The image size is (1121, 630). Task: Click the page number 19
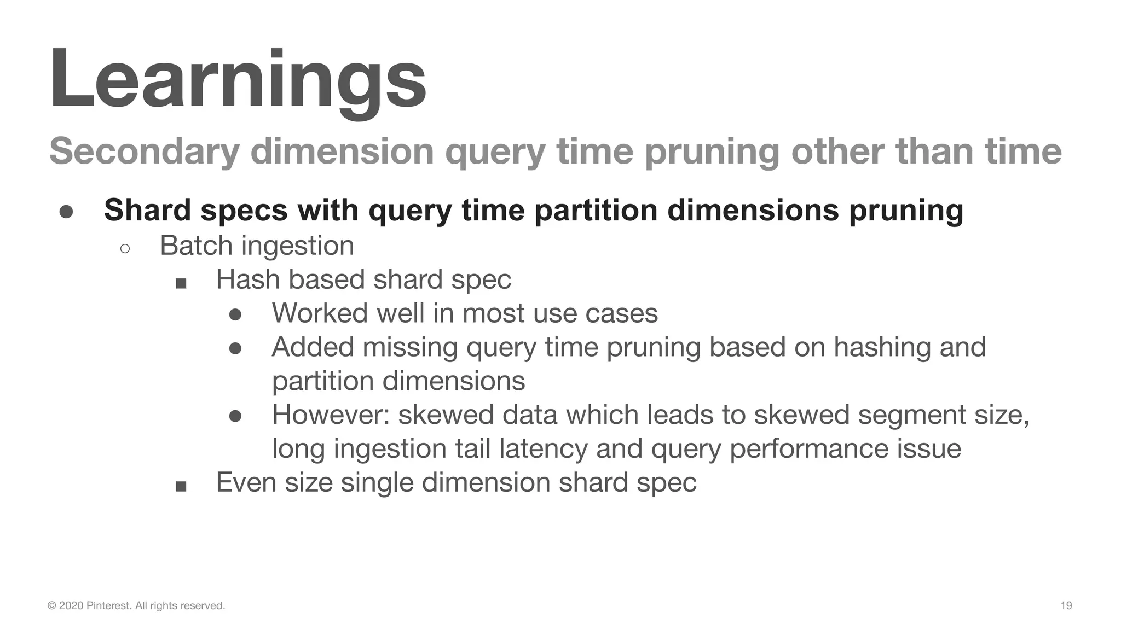pos(1066,605)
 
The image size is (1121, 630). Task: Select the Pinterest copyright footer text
pos(136,605)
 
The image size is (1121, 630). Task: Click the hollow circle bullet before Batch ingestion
pos(125,249)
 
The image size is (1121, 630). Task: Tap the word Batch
pos(196,246)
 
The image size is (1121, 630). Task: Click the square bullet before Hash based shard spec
pos(181,283)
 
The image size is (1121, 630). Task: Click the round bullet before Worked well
pos(235,314)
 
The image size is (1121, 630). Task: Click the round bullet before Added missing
pos(235,348)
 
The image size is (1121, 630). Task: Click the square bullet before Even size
pos(181,486)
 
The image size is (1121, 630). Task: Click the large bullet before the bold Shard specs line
pos(66,212)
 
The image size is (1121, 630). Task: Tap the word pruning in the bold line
pos(906,211)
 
